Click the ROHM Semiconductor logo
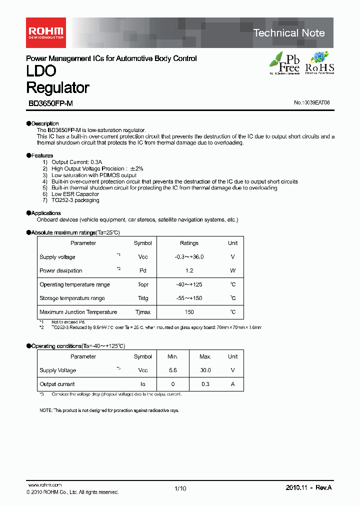(x=45, y=32)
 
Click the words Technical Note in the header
(x=289, y=33)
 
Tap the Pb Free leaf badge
(x=284, y=63)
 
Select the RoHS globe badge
(x=319, y=63)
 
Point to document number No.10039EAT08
(x=311, y=103)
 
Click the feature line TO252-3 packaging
(x=75, y=200)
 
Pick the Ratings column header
(x=189, y=243)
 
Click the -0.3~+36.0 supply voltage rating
(x=189, y=257)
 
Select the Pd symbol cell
(x=143, y=270)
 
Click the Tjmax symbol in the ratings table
(x=143, y=312)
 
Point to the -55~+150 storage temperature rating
(x=189, y=298)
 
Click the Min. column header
(x=172, y=357)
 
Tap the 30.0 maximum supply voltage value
(x=205, y=370)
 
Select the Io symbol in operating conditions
(x=143, y=384)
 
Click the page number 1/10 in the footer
(x=180, y=488)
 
